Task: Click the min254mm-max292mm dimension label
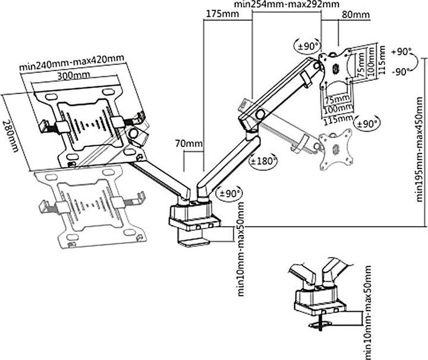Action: pos(287,4)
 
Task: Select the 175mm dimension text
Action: pos(219,13)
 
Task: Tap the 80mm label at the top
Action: pos(356,14)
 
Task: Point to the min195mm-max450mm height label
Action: pos(420,143)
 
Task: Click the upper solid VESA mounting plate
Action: pos(336,66)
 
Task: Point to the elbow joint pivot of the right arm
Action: pos(259,115)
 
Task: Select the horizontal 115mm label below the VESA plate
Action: pos(337,118)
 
